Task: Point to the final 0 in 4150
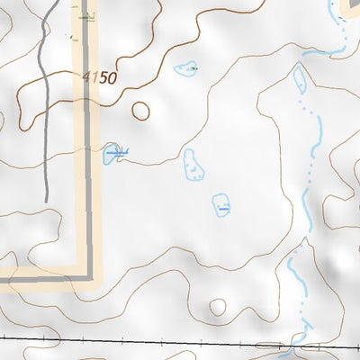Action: pyautogui.click(x=112, y=79)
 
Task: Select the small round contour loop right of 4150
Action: pyautogui.click(x=140, y=111)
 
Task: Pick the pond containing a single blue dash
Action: pyautogui.click(x=220, y=205)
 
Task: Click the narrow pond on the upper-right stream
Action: pyautogui.click(x=300, y=79)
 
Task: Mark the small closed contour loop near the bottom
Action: pyautogui.click(x=217, y=307)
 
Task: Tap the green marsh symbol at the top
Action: pyautogui.click(x=85, y=16)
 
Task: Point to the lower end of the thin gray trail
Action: pyautogui.click(x=46, y=200)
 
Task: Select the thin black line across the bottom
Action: pyautogui.click(x=135, y=338)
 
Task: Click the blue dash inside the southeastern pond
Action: pyautogui.click(x=221, y=208)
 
